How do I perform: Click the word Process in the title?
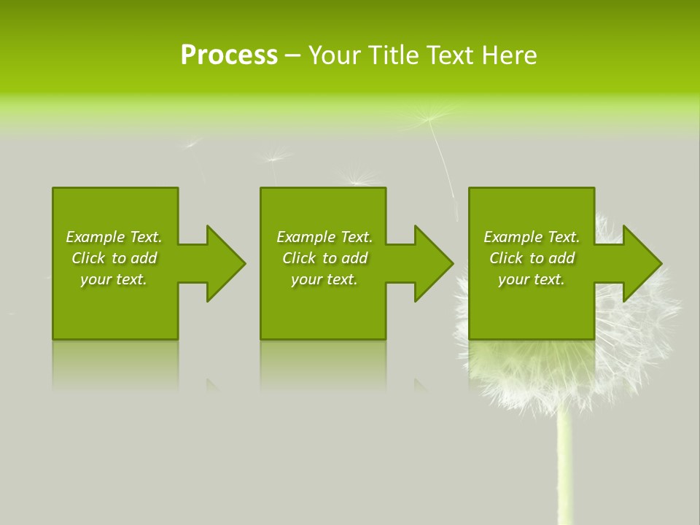tap(229, 55)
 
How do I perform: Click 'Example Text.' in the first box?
tap(114, 237)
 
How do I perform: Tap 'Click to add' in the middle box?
tap(324, 258)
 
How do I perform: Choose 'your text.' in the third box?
tap(532, 279)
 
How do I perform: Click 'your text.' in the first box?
tap(114, 279)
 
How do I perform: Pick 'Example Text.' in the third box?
tap(532, 237)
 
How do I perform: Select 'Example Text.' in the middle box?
tap(324, 237)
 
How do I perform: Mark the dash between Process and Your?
tap(292, 55)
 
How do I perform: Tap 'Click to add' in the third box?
tap(532, 258)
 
